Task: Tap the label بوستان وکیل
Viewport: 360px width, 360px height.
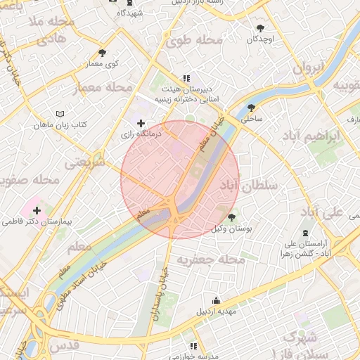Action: point(231,229)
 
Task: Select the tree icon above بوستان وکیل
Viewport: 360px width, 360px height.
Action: point(232,218)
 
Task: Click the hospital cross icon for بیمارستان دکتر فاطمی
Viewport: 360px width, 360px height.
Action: point(37,210)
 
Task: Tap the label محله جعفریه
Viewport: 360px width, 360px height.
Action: point(210,260)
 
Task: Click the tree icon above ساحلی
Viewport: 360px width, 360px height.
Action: point(251,108)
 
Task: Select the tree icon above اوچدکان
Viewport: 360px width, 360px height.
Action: point(261,29)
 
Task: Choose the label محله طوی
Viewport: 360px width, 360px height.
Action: point(194,43)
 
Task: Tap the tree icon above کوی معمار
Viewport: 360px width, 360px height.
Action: point(102,53)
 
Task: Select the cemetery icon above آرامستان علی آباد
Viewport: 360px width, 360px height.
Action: point(304,233)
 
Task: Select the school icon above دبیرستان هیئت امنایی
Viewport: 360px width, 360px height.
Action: point(186,79)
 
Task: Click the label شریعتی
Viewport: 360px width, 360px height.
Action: point(85,162)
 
